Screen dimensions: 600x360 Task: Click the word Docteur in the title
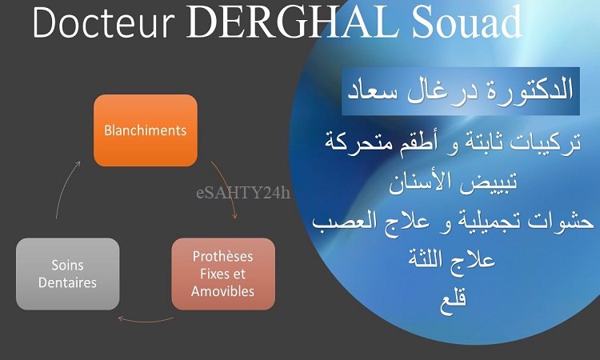[104, 22]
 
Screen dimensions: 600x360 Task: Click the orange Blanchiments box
[146, 130]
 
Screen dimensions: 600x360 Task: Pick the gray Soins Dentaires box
[68, 274]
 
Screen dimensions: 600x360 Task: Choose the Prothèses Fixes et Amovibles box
[223, 274]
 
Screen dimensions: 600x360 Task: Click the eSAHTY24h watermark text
[243, 193]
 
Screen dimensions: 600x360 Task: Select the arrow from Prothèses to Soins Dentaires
[146, 321]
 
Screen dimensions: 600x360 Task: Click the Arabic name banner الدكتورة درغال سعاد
[461, 91]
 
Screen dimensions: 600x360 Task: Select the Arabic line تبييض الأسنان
[453, 182]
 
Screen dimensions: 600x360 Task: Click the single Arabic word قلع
[454, 303]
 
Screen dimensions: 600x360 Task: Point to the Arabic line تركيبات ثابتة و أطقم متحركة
[453, 142]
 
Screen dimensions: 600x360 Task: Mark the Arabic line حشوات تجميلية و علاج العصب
[453, 222]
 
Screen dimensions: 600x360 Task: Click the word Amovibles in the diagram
[222, 291]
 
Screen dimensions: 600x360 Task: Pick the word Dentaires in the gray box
[68, 282]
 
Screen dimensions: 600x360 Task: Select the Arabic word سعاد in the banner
[372, 91]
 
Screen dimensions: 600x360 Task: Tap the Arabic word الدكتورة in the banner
[530, 90]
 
